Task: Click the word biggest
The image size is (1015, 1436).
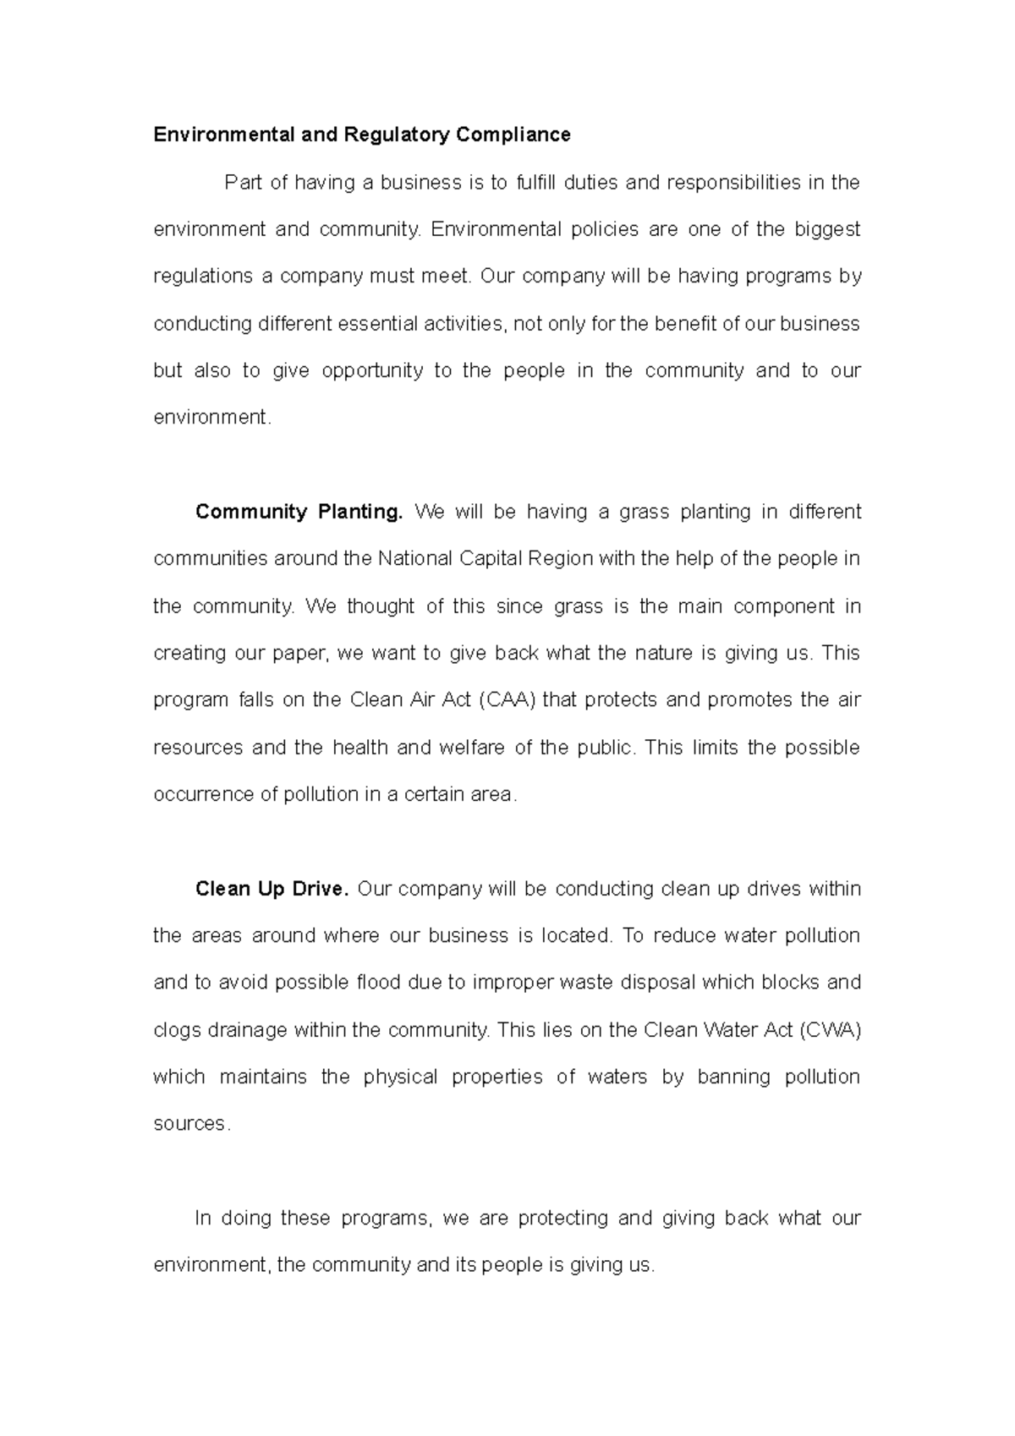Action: click(x=827, y=230)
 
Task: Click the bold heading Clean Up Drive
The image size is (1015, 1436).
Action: click(x=272, y=889)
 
